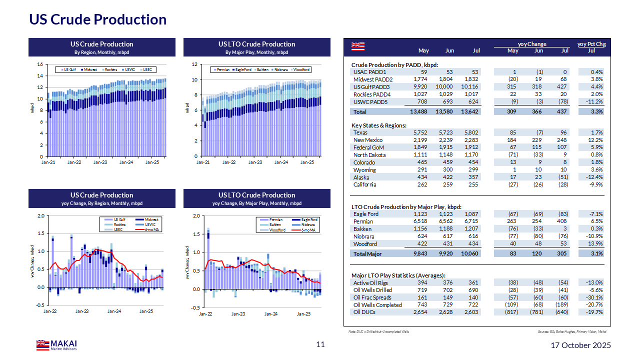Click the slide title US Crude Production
[x=97, y=19]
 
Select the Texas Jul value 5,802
[x=471, y=132]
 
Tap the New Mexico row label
[x=368, y=140]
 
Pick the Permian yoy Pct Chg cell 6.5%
[x=596, y=221]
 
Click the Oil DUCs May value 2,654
[x=421, y=312]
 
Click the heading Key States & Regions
[x=379, y=125]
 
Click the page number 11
[x=320, y=344]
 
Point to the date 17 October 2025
[x=580, y=345]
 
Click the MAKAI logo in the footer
[x=56, y=344]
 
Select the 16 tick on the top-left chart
[x=40, y=64]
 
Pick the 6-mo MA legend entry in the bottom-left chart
[x=148, y=230]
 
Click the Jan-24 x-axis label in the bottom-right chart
[x=270, y=314]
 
